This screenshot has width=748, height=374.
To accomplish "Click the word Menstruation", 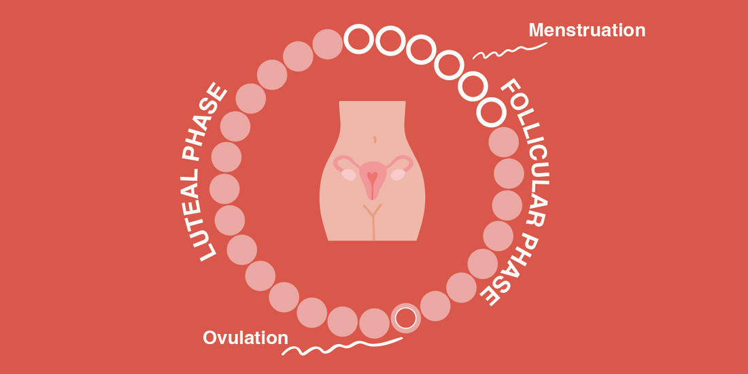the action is point(587,30).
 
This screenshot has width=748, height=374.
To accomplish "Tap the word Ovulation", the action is point(245,338).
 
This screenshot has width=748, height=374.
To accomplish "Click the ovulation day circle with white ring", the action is point(406,318).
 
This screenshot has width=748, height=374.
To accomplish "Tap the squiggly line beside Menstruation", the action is point(509,51).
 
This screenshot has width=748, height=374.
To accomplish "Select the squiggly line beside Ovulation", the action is point(342,347).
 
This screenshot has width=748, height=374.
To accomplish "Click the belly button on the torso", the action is point(375,140).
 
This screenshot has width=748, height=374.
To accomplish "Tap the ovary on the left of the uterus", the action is point(349,175).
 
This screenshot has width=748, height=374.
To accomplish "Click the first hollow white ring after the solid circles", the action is point(358,39).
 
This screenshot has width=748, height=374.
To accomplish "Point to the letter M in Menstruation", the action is point(537,30).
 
